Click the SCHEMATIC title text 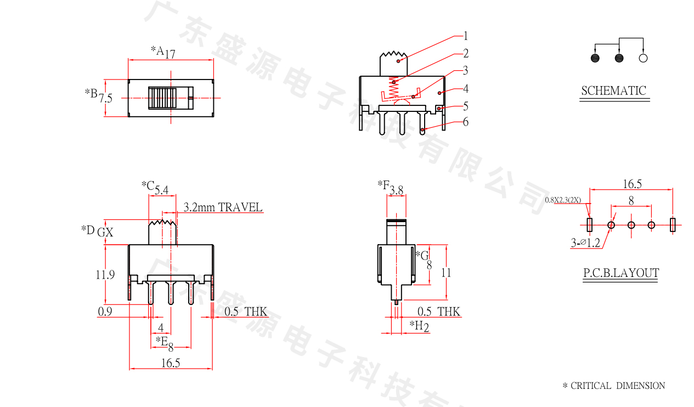tap(613, 91)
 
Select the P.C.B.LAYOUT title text tap(621, 273)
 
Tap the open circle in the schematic tap(643, 58)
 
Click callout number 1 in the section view tap(465, 36)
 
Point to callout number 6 tap(466, 122)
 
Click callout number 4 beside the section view tap(466, 89)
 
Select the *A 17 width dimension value tap(170, 54)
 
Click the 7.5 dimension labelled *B tap(105, 99)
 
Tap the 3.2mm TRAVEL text tap(223, 207)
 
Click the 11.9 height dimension tap(105, 274)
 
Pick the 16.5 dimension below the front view tap(171, 363)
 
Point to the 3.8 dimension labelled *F tap(397, 190)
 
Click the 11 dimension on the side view tap(446, 273)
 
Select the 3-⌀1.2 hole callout tap(585, 242)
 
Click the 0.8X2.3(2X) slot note tap(563, 200)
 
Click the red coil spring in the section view tap(393, 88)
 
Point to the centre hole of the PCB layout tap(631, 225)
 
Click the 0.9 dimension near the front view tap(105, 312)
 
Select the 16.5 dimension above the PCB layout tap(633, 184)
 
